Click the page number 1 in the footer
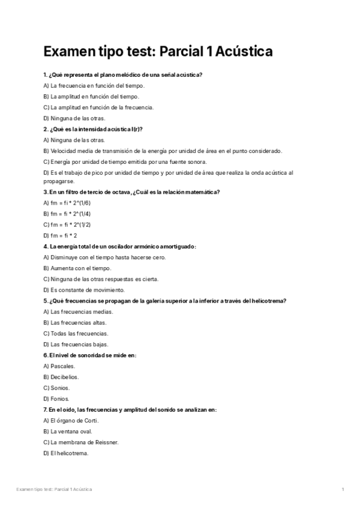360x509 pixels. (342, 490)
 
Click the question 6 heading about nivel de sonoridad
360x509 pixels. (90, 355)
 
